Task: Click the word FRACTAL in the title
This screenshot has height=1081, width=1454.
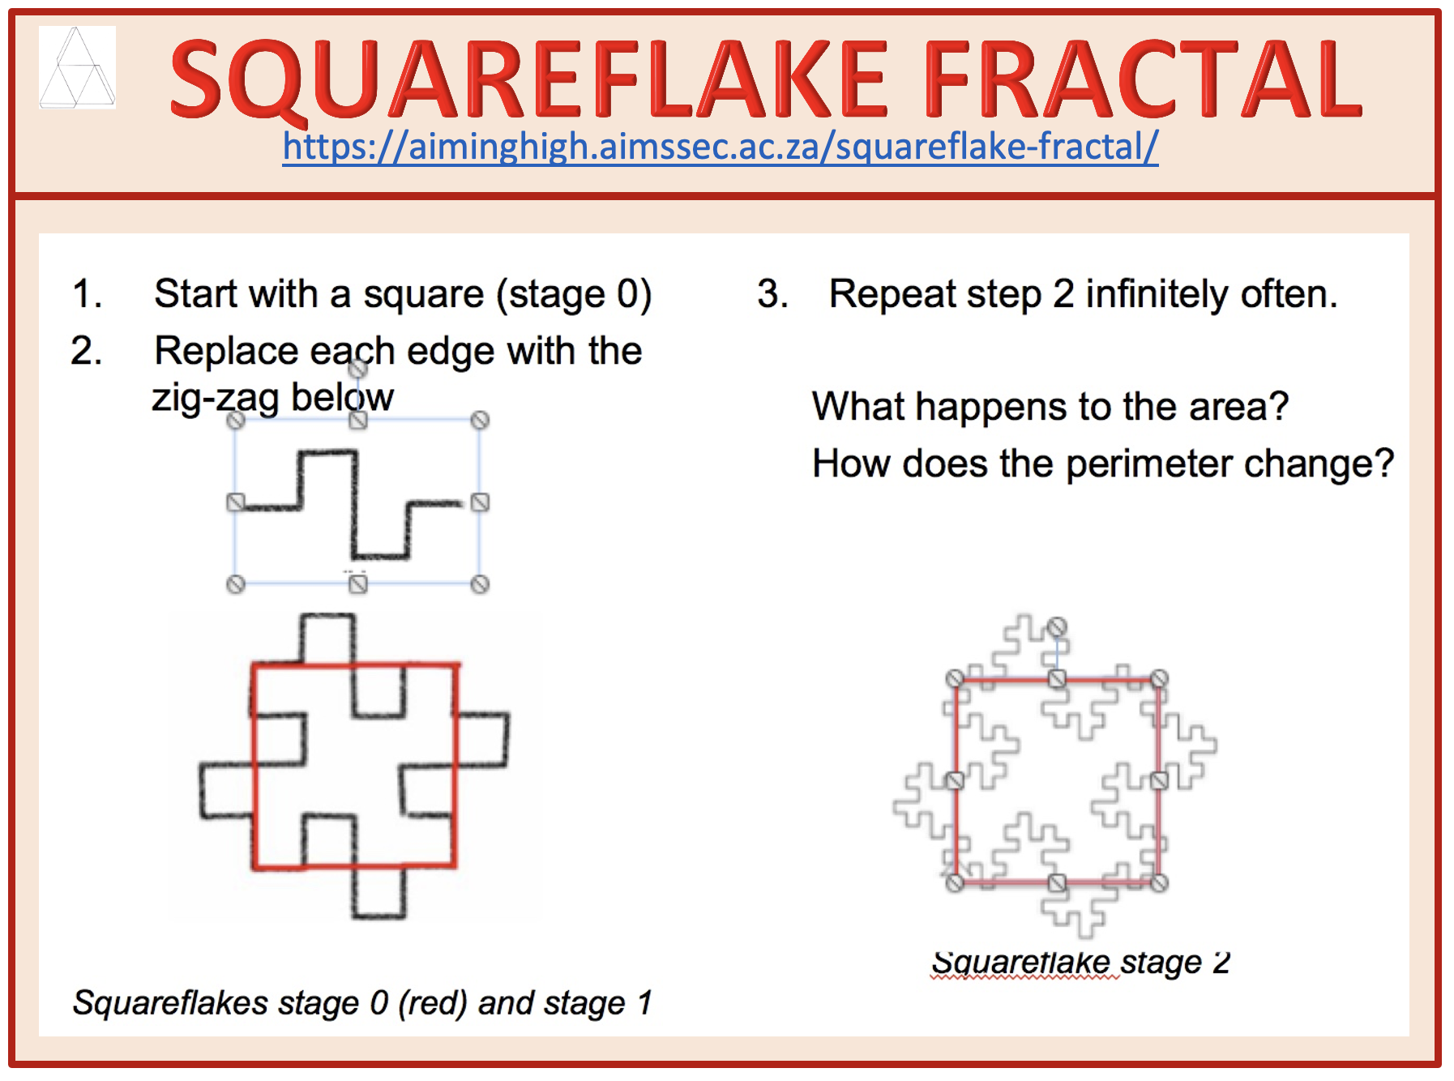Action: click(1143, 79)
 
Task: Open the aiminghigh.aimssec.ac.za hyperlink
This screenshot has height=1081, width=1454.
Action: click(721, 147)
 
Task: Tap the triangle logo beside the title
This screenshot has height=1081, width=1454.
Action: click(77, 66)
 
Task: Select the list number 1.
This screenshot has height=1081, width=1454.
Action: click(87, 293)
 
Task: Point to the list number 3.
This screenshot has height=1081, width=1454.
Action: click(772, 293)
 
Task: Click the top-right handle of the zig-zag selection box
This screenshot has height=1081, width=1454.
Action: click(480, 420)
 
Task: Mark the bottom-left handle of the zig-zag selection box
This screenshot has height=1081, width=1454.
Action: click(235, 584)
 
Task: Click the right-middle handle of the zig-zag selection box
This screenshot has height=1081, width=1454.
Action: click(480, 502)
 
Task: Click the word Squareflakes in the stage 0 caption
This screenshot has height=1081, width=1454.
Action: click(170, 1003)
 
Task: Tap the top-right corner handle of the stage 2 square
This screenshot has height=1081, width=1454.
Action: click(1159, 678)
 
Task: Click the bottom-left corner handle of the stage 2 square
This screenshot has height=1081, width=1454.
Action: click(956, 882)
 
